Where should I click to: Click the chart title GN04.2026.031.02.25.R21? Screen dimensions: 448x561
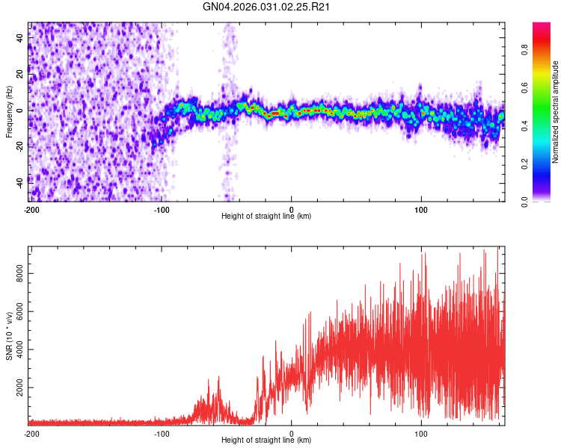pyautogui.click(x=267, y=7)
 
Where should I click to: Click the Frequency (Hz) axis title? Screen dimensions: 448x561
pyautogui.click(x=9, y=112)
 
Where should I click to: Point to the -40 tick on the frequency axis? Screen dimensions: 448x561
pyautogui.click(x=19, y=180)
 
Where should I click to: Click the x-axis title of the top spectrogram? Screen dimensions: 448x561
pyautogui.click(x=266, y=216)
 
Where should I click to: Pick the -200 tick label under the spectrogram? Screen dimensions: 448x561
pyautogui.click(x=31, y=209)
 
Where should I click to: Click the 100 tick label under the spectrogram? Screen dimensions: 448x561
pyautogui.click(x=421, y=209)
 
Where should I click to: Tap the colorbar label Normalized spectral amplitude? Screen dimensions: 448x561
pyautogui.click(x=556, y=112)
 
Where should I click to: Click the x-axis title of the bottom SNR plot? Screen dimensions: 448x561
pyautogui.click(x=266, y=440)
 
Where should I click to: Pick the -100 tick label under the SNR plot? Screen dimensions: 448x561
pyautogui.click(x=162, y=433)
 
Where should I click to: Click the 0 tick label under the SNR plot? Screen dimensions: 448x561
pyautogui.click(x=292, y=433)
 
